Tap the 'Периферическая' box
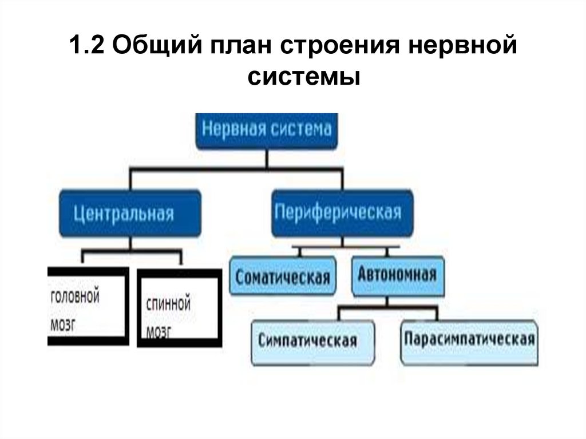click(x=342, y=213)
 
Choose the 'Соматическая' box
click(x=283, y=277)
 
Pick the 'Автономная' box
click(x=397, y=275)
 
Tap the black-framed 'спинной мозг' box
click(x=179, y=309)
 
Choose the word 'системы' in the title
click(x=304, y=77)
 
